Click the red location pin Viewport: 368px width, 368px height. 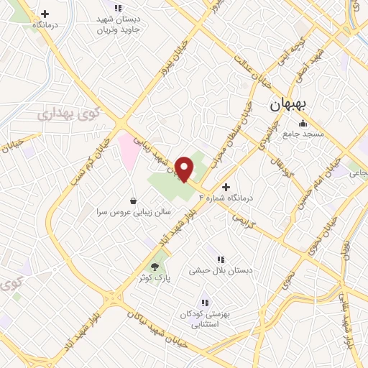185,168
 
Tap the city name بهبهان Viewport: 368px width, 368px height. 288,105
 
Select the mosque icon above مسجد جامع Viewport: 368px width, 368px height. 302,122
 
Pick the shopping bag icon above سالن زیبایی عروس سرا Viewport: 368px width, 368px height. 133,201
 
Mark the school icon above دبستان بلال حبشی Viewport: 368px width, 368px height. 221,259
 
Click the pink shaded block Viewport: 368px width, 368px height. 127,150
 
